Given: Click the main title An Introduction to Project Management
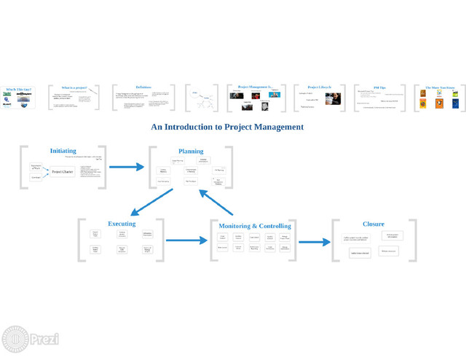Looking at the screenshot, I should (227, 127).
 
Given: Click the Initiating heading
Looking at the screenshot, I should (63, 151).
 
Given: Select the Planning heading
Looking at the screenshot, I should (191, 151).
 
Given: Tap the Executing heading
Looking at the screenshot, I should (122, 224).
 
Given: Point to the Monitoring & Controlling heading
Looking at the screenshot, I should (255, 226).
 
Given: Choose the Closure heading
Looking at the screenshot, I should (374, 224).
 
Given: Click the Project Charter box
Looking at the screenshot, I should (63, 171).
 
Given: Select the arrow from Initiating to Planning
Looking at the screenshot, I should (127, 167).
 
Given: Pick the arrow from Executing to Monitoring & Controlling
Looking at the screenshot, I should (187, 240).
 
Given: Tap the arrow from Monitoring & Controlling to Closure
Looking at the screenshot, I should (314, 242).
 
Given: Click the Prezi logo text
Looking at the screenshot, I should (44, 340).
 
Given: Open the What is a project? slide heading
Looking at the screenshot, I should (74, 87).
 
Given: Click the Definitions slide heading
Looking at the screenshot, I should (143, 87).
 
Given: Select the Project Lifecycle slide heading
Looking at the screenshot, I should (319, 87).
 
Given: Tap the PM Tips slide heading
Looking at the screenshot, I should (380, 87).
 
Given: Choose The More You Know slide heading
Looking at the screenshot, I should (440, 87).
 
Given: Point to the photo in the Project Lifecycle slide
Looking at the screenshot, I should (333, 99).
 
